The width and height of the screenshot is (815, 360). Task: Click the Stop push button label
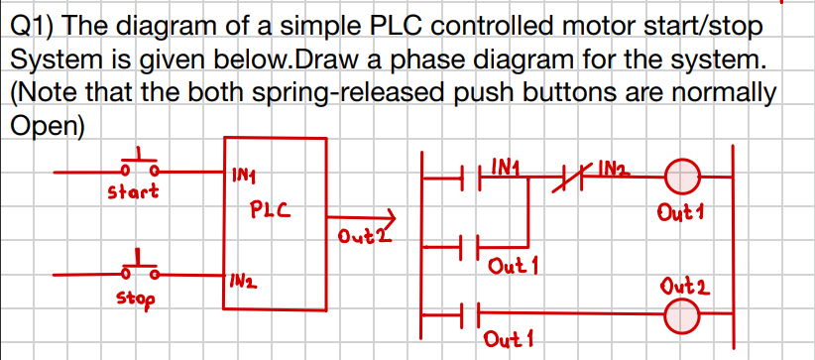coord(133,296)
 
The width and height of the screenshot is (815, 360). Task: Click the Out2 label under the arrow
coord(358,237)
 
